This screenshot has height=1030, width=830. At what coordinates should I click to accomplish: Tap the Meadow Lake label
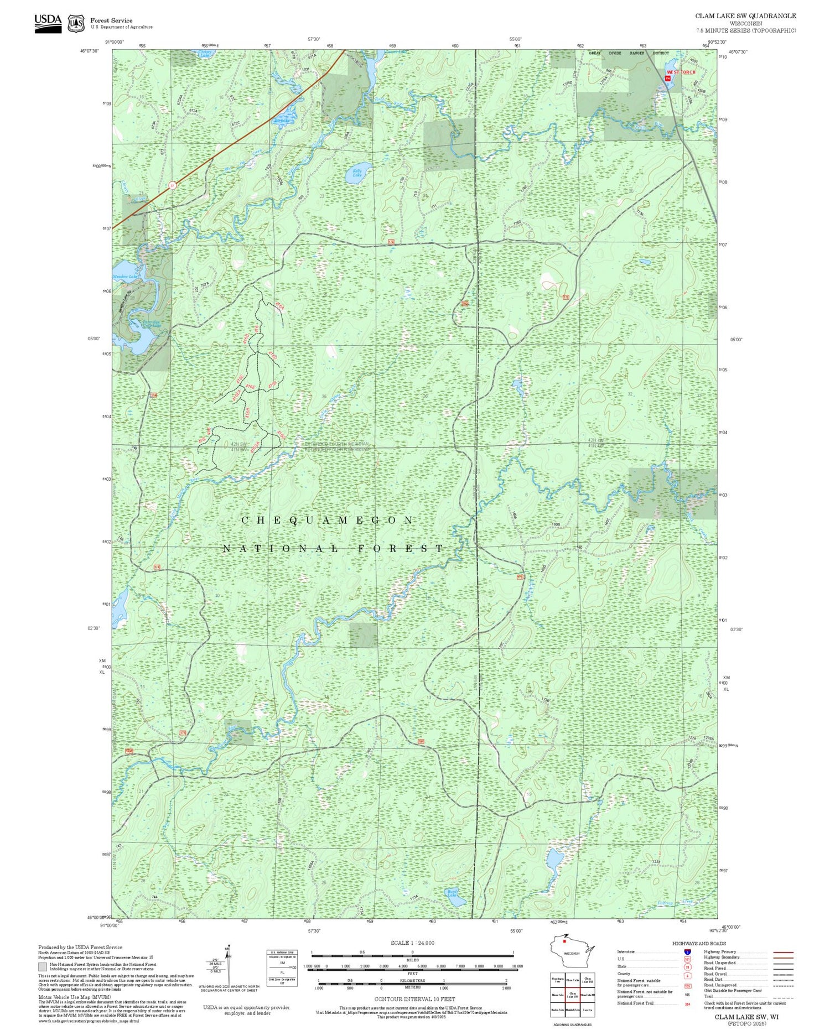point(123,277)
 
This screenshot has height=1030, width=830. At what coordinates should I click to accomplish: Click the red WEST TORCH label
point(681,72)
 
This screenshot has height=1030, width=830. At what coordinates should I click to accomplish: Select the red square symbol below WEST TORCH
point(668,79)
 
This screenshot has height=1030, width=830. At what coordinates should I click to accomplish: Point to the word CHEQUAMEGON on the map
point(328,521)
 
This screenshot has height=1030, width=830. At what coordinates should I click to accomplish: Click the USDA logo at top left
point(48,23)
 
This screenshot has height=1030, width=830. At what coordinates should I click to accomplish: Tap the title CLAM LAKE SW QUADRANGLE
point(745,16)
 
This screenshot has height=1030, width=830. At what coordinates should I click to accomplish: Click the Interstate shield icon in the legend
point(687,951)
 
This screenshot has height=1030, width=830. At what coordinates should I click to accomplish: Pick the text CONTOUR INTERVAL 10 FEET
point(414,999)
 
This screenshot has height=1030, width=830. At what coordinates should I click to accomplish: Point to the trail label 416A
point(279,305)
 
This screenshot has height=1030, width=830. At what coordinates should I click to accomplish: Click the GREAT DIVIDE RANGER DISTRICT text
point(629,53)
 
